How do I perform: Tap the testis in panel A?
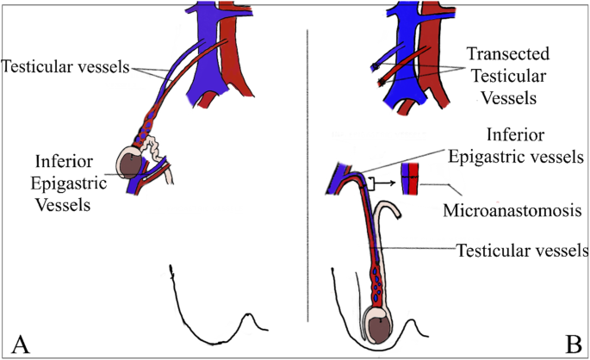click(130, 170)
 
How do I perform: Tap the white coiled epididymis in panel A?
click(155, 155)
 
